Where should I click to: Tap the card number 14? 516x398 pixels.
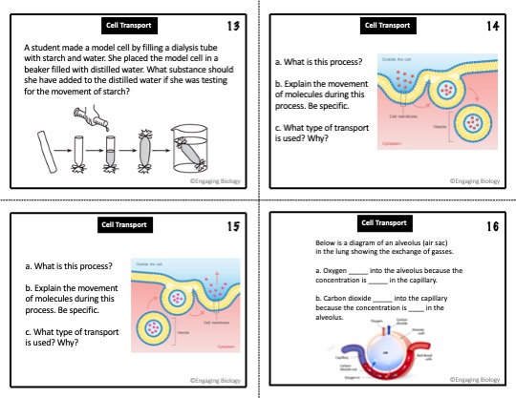[x=493, y=26]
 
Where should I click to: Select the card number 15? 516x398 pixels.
[x=233, y=227]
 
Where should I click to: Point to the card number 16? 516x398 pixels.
[x=493, y=227]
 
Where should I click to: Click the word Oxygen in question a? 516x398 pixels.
[x=334, y=270]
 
